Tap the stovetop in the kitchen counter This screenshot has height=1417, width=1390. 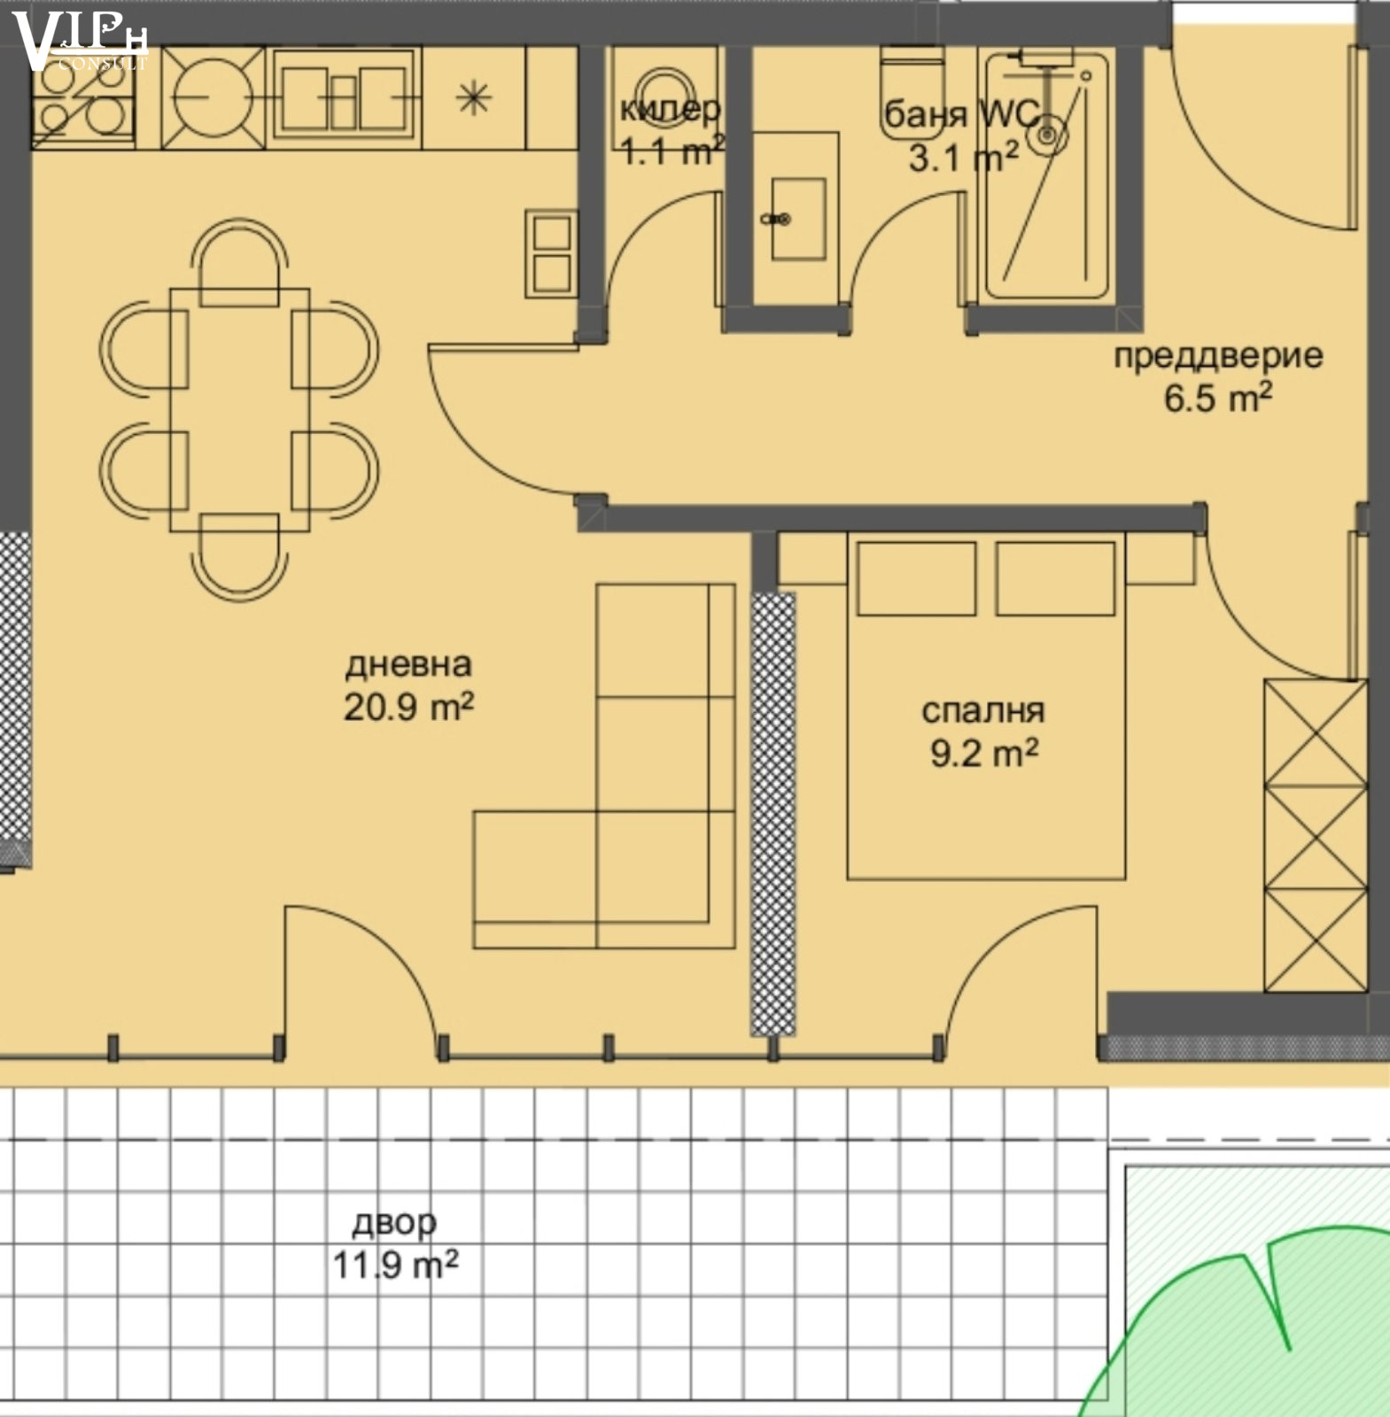(x=82, y=97)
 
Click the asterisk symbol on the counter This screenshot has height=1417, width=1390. (x=474, y=97)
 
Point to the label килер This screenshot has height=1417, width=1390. (x=670, y=109)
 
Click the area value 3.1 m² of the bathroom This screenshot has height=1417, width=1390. (x=963, y=158)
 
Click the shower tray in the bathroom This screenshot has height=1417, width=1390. (x=1046, y=174)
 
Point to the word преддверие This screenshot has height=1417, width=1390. (x=1218, y=355)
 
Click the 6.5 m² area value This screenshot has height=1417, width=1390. (x=1218, y=398)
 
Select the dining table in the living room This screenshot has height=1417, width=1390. (x=239, y=410)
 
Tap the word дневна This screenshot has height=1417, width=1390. (x=408, y=664)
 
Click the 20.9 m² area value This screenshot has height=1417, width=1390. (x=408, y=707)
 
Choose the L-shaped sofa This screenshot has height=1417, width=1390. (x=604, y=766)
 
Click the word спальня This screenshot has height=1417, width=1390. (x=983, y=710)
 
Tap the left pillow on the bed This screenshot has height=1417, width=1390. (x=917, y=578)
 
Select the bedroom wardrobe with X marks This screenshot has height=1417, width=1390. (x=1316, y=835)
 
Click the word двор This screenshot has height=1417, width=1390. (x=394, y=1222)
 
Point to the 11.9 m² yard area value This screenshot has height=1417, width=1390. (x=395, y=1265)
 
